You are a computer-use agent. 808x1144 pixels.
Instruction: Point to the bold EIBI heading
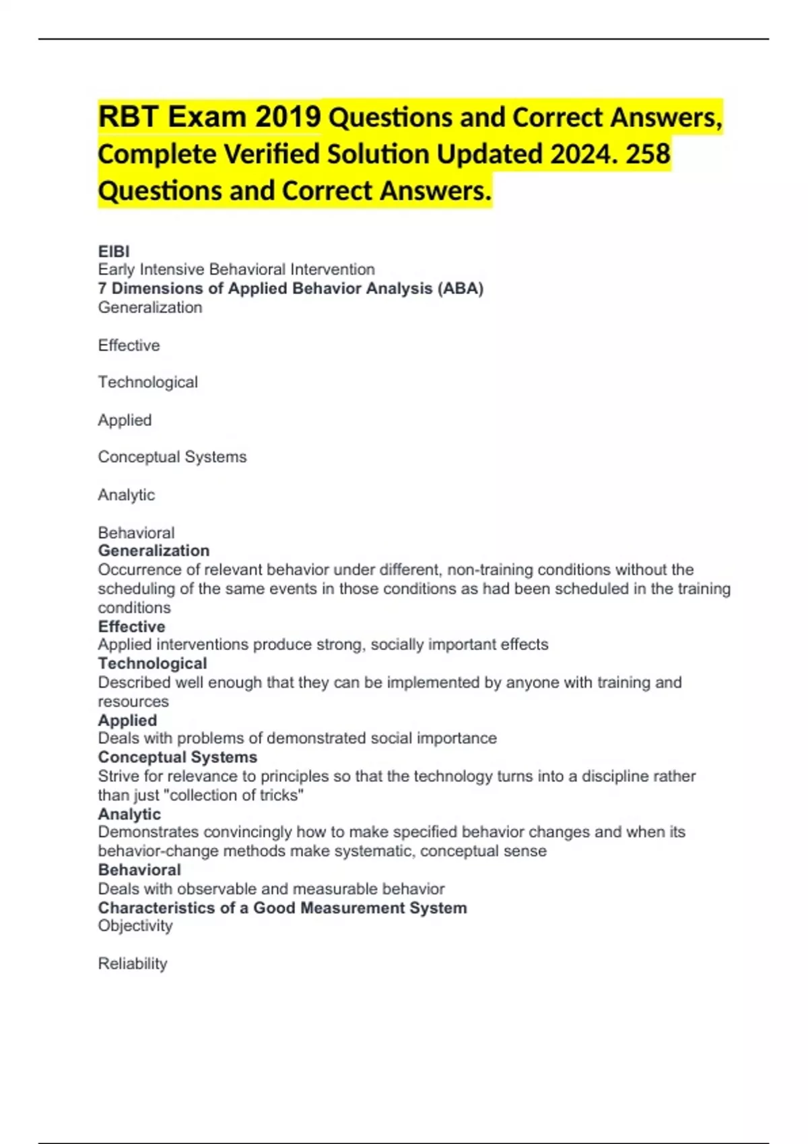tap(114, 251)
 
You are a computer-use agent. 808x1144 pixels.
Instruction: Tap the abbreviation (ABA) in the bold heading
tap(461, 289)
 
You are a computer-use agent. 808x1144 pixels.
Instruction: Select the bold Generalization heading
tap(154, 550)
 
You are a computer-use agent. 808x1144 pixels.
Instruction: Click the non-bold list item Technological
tap(147, 382)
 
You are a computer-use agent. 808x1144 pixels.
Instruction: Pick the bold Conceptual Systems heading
tap(177, 757)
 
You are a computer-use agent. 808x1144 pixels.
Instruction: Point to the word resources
tap(133, 701)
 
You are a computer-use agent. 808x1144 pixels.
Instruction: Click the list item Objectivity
tap(135, 926)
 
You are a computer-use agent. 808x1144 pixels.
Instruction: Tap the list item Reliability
tap(133, 964)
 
